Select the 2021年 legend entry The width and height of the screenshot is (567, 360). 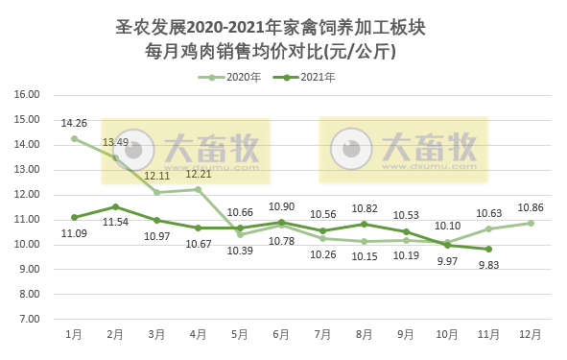click(x=311, y=77)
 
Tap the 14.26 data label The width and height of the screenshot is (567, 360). click(x=74, y=123)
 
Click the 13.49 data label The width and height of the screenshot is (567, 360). click(x=115, y=143)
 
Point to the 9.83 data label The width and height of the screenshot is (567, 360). click(x=489, y=266)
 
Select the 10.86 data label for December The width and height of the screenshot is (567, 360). click(x=531, y=207)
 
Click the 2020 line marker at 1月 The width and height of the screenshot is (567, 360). click(x=74, y=138)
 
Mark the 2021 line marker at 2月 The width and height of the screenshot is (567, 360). click(x=115, y=206)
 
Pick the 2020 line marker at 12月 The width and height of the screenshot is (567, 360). click(x=531, y=223)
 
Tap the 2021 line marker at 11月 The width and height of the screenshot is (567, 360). click(x=489, y=249)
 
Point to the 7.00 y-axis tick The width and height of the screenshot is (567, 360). click(x=29, y=319)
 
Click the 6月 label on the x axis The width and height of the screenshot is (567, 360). click(x=281, y=334)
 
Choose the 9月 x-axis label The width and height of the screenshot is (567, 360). click(x=406, y=334)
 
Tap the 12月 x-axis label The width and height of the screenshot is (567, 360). click(x=531, y=334)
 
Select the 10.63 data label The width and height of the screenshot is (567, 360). click(x=489, y=213)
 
